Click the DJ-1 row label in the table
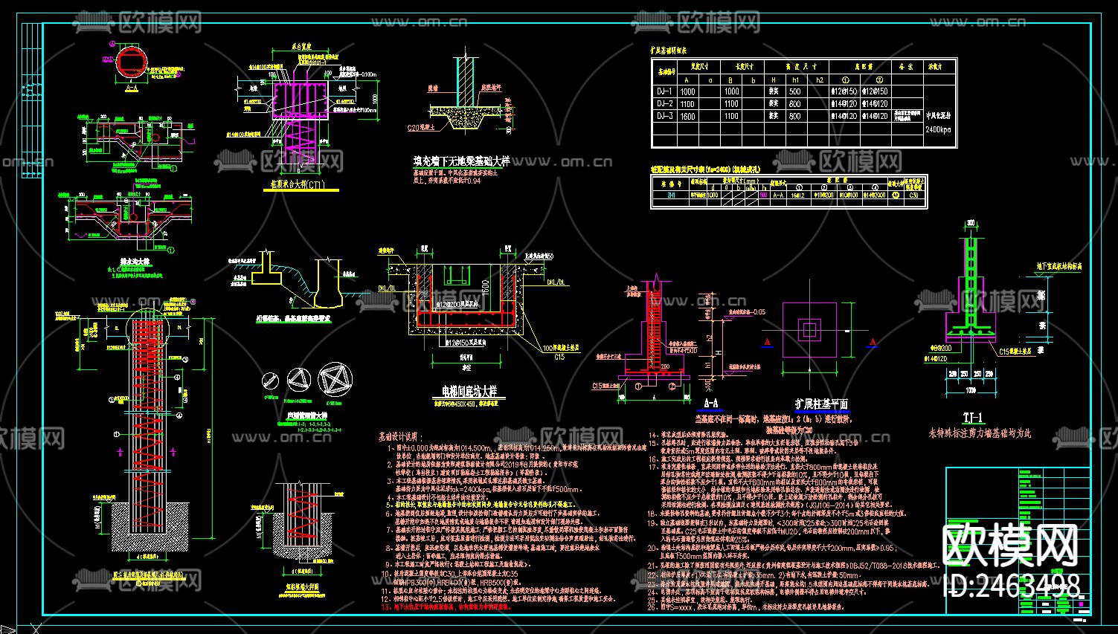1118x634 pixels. [664, 91]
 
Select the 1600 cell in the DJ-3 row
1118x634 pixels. [687, 116]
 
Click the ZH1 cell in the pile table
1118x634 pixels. [672, 195]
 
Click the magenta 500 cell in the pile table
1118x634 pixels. [764, 195]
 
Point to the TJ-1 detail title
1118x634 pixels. [972, 418]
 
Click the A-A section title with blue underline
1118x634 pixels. [711, 404]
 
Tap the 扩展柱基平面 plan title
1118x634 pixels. [821, 404]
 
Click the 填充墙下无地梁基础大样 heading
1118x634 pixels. [461, 161]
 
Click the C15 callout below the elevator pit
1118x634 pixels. [559, 357]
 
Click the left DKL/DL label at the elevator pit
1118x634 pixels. [388, 283]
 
